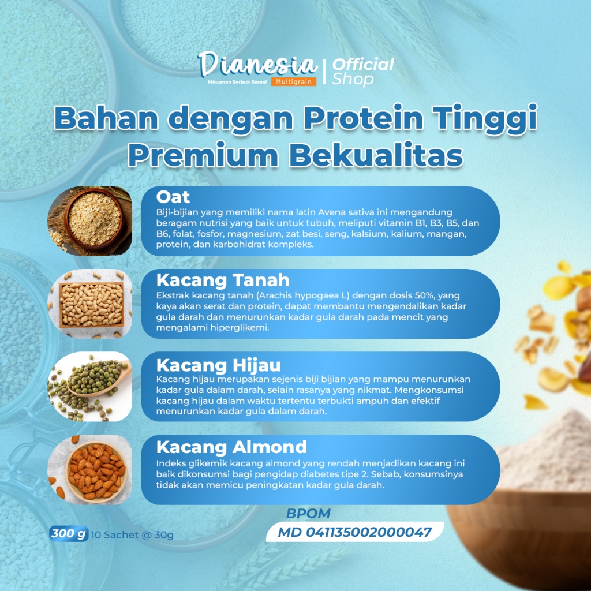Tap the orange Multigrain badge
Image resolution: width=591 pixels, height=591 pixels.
pos(293,81)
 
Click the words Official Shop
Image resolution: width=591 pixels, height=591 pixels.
pos(362,72)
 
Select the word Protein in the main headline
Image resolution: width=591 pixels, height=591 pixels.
pos(364,118)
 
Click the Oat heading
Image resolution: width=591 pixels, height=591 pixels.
pos(173,197)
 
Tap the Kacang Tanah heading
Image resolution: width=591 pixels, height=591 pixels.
pos(223,280)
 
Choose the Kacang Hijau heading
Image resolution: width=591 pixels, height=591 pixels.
pos(219,365)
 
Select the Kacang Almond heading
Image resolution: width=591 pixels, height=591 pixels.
pos(231,447)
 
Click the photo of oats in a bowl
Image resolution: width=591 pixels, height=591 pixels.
pos(89,221)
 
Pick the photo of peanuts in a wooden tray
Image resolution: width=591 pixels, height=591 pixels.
pos(89,304)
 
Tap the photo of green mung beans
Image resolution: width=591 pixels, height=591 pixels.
pos(89,387)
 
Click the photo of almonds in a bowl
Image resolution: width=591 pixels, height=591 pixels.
pos(89,470)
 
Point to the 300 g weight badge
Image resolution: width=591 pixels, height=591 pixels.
pos(69,534)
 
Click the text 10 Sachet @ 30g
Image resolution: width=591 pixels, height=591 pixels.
pos(132,535)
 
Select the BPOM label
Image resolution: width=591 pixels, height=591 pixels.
pos(308,513)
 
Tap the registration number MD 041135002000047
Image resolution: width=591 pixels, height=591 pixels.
pos(354,532)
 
